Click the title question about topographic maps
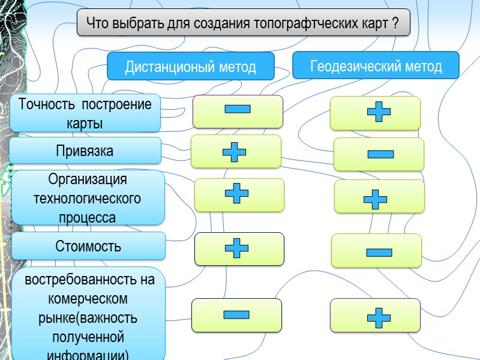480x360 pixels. click(243, 23)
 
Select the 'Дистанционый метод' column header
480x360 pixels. click(190, 67)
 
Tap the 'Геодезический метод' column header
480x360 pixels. click(376, 65)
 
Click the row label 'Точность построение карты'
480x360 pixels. click(85, 113)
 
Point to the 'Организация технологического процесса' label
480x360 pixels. click(88, 198)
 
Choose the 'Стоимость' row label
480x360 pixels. click(88, 246)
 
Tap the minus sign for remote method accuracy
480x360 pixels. click(237, 110)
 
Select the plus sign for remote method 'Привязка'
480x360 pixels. click(234, 151)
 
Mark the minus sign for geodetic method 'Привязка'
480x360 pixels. click(380, 154)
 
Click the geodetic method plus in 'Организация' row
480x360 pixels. click(375, 199)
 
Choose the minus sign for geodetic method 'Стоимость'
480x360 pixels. click(379, 252)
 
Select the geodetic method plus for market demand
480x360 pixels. click(378, 317)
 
